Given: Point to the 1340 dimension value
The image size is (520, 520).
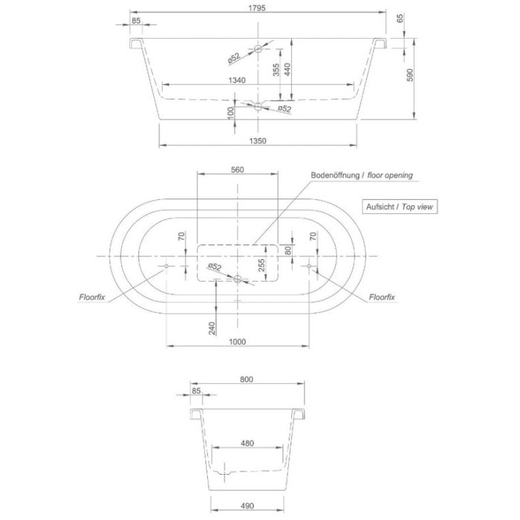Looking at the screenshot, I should click(x=237, y=80).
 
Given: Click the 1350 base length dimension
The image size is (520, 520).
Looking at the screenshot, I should click(x=258, y=140).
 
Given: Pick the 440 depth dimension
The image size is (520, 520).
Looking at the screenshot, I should click(x=297, y=71).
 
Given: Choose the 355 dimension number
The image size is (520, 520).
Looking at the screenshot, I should click(x=276, y=71).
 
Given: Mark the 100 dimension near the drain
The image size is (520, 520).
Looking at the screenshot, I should click(x=231, y=113).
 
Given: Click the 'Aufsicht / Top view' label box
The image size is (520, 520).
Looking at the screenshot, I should click(x=398, y=207).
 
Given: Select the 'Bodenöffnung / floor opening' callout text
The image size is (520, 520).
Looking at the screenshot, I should click(x=361, y=175).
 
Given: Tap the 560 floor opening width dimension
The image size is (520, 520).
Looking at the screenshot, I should click(x=238, y=169).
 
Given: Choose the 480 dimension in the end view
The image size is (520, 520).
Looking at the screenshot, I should click(x=247, y=443).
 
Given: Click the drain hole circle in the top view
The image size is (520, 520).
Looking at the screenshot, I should click(x=238, y=279).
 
